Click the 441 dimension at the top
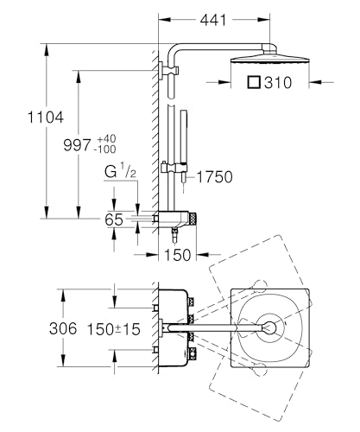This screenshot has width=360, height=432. pyautogui.click(x=213, y=20)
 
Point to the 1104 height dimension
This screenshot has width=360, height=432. pyautogui.click(x=46, y=118)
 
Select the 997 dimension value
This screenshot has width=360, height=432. pyautogui.click(x=77, y=145)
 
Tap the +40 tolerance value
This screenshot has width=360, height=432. pyautogui.click(x=106, y=138)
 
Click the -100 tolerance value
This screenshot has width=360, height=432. pyautogui.click(x=106, y=149)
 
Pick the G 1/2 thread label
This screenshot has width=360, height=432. pyautogui.click(x=120, y=171)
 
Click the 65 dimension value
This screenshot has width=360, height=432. pyautogui.click(x=114, y=219)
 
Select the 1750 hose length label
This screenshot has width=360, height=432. pyautogui.click(x=215, y=177)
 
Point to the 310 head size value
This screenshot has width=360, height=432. pyautogui.click(x=278, y=83)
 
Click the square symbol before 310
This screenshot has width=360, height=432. pyautogui.click(x=254, y=82)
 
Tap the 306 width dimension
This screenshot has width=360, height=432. pyautogui.click(x=63, y=328)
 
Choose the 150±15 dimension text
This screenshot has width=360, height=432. pyautogui.click(x=114, y=329)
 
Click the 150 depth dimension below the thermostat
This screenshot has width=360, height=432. pyautogui.click(x=177, y=255)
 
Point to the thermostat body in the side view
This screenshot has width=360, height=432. pyautogui.click(x=174, y=219)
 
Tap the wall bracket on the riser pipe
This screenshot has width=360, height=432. pyautogui.click(x=168, y=70)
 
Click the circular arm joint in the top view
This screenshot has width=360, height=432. pyautogui.click(x=270, y=327)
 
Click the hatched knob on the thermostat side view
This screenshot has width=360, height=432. pyautogui.click(x=193, y=219)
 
